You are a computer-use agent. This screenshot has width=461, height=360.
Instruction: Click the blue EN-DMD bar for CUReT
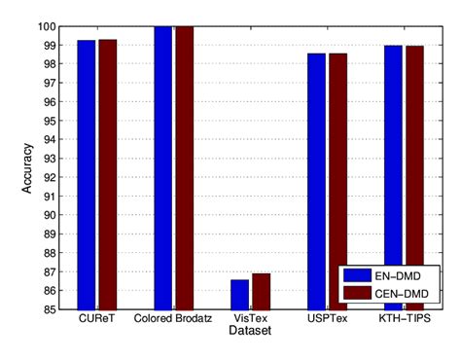(x=87, y=175)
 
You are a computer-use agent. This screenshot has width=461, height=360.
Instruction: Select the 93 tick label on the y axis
(x=54, y=159)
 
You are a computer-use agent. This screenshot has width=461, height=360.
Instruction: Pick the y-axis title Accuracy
(x=28, y=167)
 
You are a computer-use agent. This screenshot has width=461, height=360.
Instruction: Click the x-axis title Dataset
(x=250, y=332)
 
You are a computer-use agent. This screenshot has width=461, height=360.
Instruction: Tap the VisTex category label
(x=250, y=319)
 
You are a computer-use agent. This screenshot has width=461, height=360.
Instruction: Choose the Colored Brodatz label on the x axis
(x=173, y=319)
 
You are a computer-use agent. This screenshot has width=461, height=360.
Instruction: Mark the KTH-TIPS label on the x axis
(x=404, y=319)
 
